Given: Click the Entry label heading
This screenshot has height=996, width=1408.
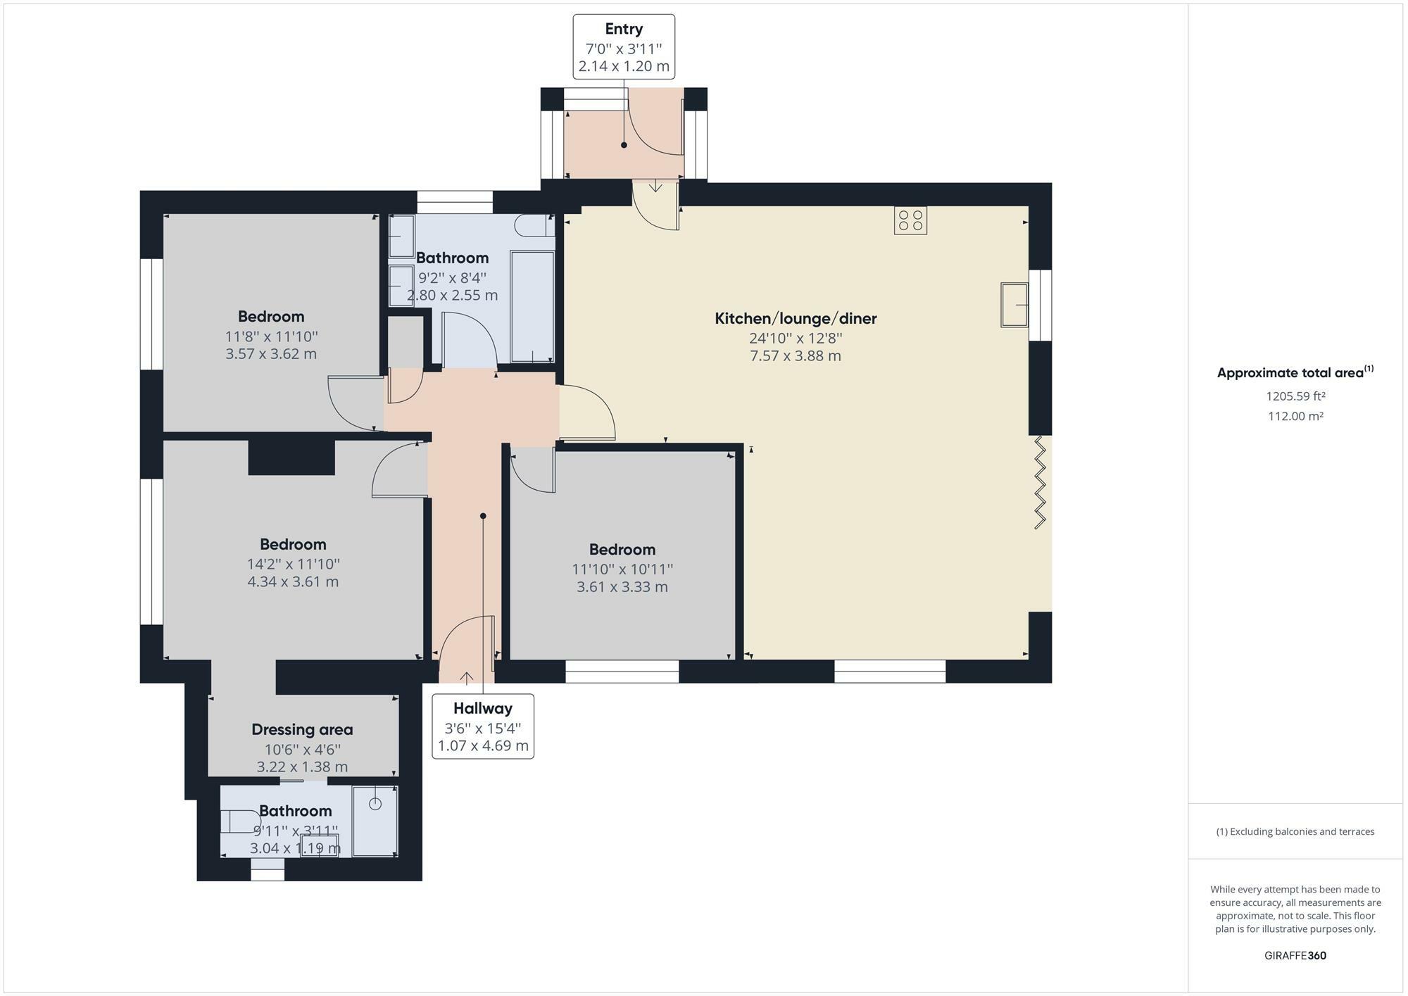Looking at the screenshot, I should tap(624, 29).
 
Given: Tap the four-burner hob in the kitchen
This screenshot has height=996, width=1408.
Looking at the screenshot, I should tap(910, 220).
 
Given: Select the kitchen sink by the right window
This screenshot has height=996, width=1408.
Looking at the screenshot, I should tap(1014, 305).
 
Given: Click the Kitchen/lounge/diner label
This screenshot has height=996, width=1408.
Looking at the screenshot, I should tap(796, 318).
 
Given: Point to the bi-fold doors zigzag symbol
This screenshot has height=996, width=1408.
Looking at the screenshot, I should tap(1040, 482).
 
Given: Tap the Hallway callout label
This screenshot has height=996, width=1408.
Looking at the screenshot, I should tap(483, 708).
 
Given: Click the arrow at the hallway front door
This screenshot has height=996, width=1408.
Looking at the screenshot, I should tap(466, 677).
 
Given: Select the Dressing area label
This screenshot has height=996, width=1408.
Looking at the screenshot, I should tap(302, 729).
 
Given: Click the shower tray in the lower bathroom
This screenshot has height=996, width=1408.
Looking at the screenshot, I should tap(375, 821).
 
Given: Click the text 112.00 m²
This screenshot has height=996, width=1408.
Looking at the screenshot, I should tap(1295, 416).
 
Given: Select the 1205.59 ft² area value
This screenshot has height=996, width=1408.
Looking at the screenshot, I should tap(1295, 396).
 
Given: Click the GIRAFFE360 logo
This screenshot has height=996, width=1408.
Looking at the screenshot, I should tap(1295, 955).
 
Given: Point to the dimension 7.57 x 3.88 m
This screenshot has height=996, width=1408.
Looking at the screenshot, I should tap(796, 356).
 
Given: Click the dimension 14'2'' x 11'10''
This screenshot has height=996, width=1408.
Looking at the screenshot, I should tap(293, 564).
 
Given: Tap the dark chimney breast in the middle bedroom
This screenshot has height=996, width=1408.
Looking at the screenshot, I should tap(291, 458).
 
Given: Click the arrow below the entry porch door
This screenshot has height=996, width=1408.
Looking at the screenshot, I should tap(655, 187).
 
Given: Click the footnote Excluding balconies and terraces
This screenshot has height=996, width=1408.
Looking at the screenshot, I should tap(1295, 831).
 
